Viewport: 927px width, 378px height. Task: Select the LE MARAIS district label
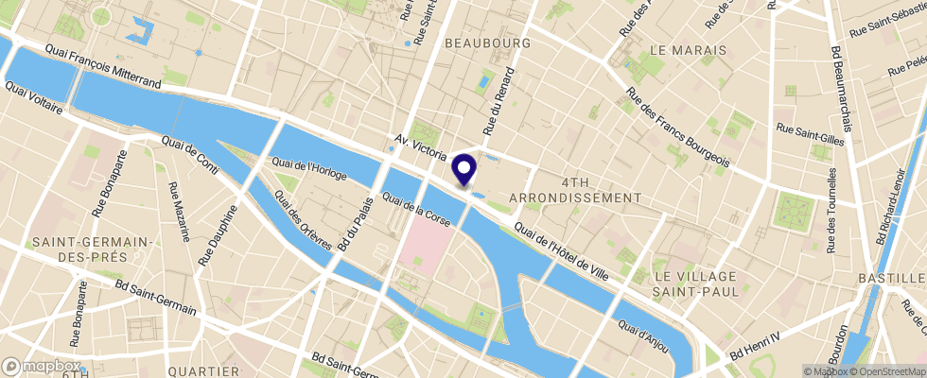[x=688, y=49]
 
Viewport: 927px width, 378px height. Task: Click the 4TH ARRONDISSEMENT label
[x=575, y=189]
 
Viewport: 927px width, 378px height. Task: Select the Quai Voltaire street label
[x=33, y=98]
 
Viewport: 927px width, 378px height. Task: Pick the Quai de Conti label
[x=190, y=157]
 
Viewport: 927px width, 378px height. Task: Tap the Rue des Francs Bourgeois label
[x=678, y=132]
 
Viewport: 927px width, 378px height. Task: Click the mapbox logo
[x=42, y=366]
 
